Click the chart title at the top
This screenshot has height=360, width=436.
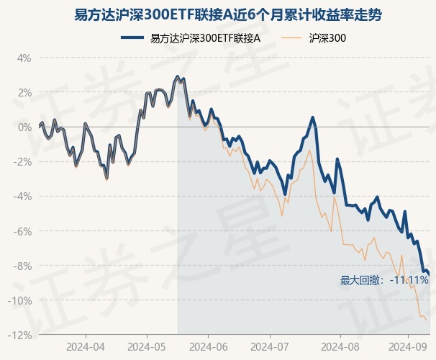pyautogui.click(x=218, y=14)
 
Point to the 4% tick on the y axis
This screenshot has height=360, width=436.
pyautogui.click(x=24, y=58)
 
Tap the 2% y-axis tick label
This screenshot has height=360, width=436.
pyautogui.click(x=24, y=92)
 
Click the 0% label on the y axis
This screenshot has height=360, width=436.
pyautogui.click(x=24, y=127)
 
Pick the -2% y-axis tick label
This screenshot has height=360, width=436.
pyautogui.click(x=22, y=161)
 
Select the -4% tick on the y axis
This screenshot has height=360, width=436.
pyautogui.click(x=22, y=196)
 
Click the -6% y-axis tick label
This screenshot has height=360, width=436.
pyautogui.click(x=22, y=231)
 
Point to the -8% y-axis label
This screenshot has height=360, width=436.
pyautogui.click(x=22, y=266)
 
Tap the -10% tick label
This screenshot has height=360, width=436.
pyautogui.click(x=20, y=300)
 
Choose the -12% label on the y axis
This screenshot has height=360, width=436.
pyautogui.click(x=20, y=335)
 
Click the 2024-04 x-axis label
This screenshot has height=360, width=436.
pyautogui.click(x=86, y=346)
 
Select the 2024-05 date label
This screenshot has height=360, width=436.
pyautogui.click(x=147, y=346)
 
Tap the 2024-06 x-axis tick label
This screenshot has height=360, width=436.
pyautogui.click(x=209, y=346)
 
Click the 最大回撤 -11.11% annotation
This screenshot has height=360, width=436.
pyautogui.click(x=384, y=280)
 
